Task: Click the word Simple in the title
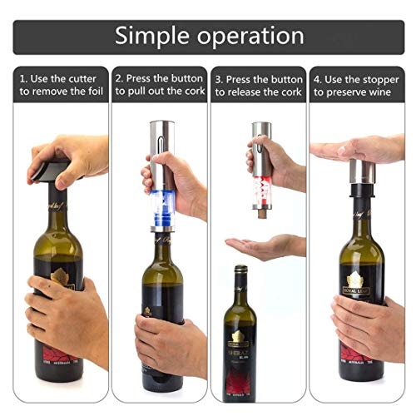pyautogui.click(x=155, y=36)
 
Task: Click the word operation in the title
pyautogui.click(x=250, y=37)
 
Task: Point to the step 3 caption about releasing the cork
pyautogui.click(x=259, y=85)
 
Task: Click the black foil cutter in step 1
pyautogui.click(x=50, y=171)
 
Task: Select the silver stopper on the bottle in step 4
pyautogui.click(x=361, y=172)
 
